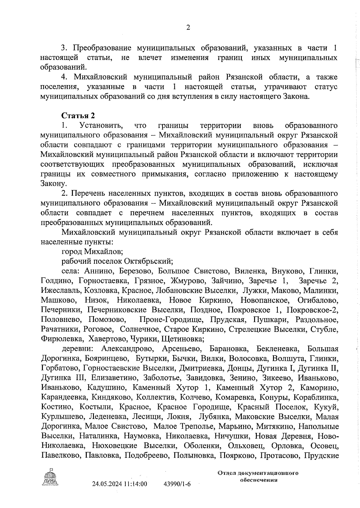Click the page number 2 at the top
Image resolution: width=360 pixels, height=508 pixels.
188,28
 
